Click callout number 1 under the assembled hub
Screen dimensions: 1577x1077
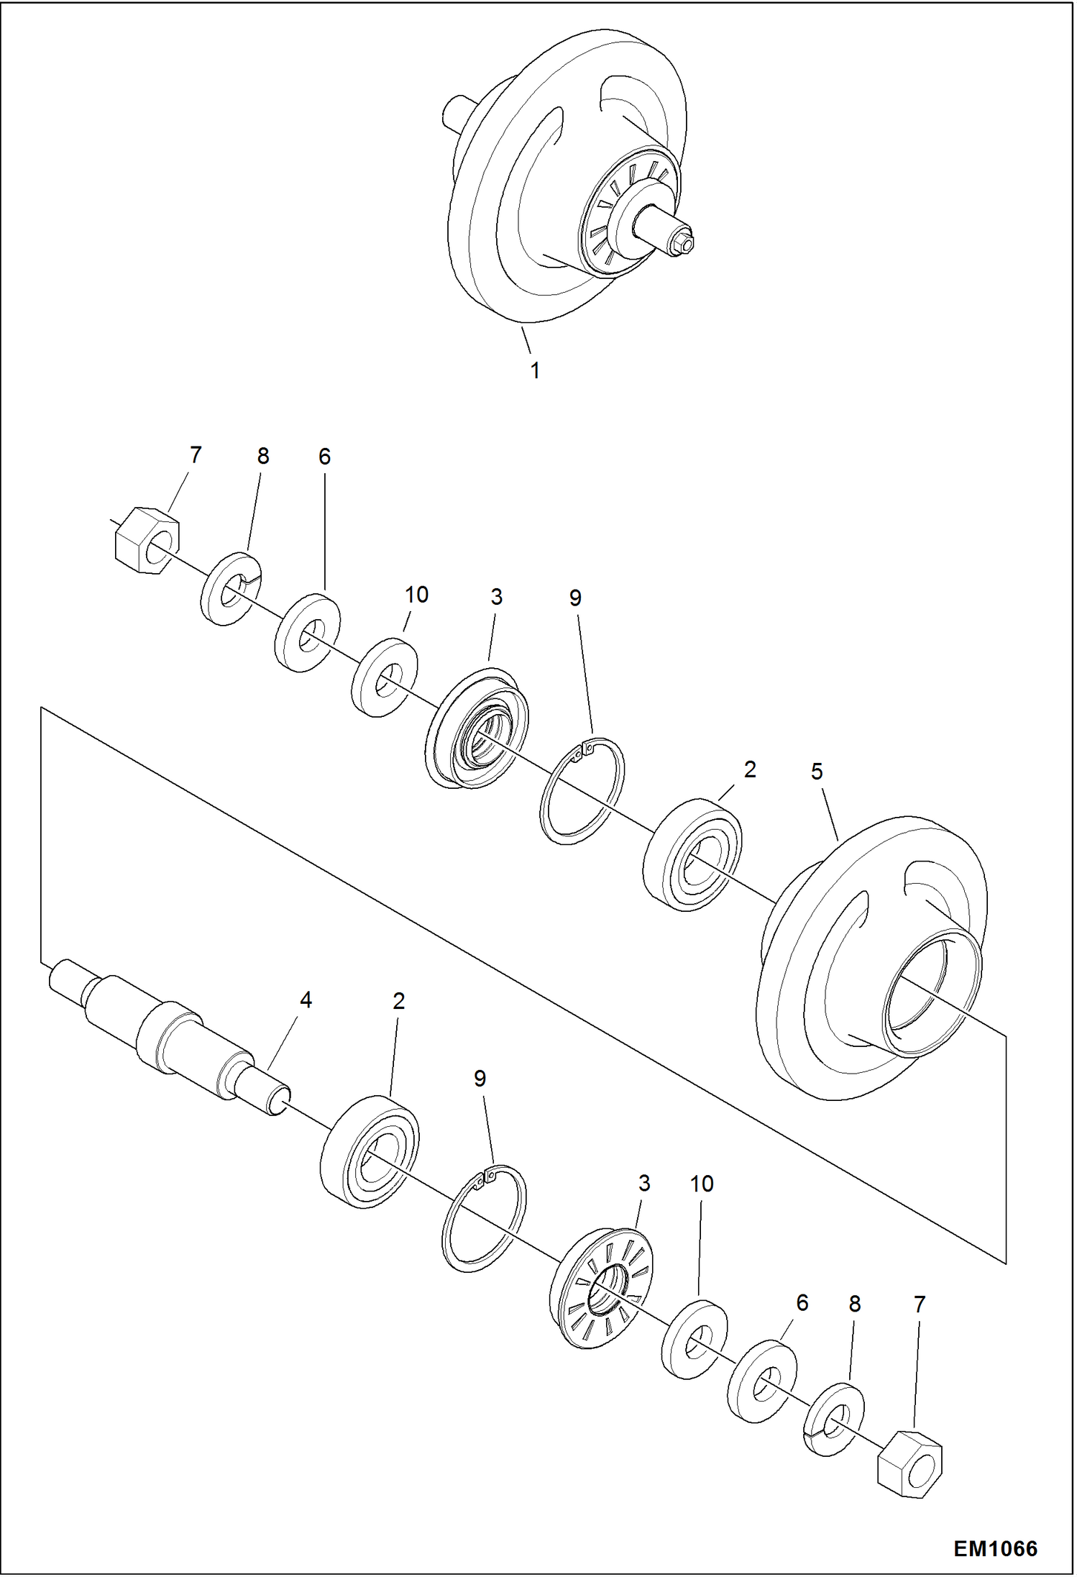534,371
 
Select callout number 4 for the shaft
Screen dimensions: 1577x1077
306,1000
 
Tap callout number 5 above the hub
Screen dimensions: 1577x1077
816,772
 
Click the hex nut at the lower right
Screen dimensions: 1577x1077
909,1466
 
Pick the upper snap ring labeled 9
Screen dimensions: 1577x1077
582,791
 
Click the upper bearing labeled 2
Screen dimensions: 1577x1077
692,854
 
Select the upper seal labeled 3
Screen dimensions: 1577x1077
477,728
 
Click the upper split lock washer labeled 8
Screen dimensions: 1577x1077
230,589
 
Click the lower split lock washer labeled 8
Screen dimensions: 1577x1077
833,1419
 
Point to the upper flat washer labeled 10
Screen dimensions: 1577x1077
385,677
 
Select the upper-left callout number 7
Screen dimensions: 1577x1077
196,455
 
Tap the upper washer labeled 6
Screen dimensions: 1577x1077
308,633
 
